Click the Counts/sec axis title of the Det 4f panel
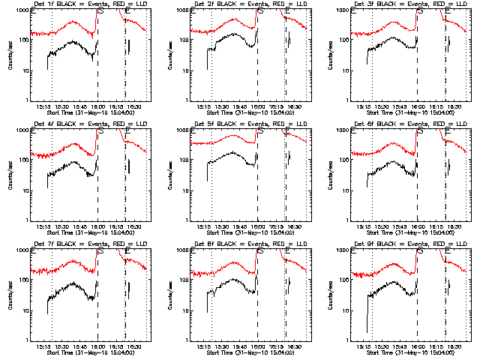click(x=10, y=175)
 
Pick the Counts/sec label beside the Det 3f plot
click(x=330, y=55)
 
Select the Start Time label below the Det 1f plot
click(x=85, y=113)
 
